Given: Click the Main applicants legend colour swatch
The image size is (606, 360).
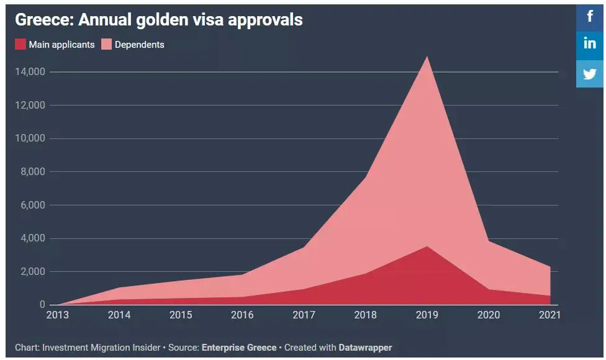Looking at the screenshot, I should click(20, 45).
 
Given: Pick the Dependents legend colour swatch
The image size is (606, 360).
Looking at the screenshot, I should click(106, 45).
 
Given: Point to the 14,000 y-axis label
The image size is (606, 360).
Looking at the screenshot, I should click(29, 72).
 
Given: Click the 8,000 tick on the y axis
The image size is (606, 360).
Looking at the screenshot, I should click(32, 172).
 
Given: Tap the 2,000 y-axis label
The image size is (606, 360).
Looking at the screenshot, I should click(32, 272).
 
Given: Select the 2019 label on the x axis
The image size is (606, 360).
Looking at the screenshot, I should click(427, 315).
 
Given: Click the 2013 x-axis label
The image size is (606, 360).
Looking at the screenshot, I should click(58, 315).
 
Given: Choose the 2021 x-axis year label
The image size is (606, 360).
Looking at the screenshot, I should click(549, 315).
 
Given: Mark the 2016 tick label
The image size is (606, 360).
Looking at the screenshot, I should click(242, 315).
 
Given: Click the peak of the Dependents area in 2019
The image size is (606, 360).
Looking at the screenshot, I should click(427, 57).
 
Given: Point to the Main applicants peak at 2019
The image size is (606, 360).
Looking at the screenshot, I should click(427, 247).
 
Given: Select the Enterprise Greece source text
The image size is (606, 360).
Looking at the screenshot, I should click(239, 348).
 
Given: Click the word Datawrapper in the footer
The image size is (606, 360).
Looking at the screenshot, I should click(365, 348).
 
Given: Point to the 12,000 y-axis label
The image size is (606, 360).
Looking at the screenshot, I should click(29, 106).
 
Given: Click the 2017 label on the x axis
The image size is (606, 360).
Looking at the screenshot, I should click(304, 315).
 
